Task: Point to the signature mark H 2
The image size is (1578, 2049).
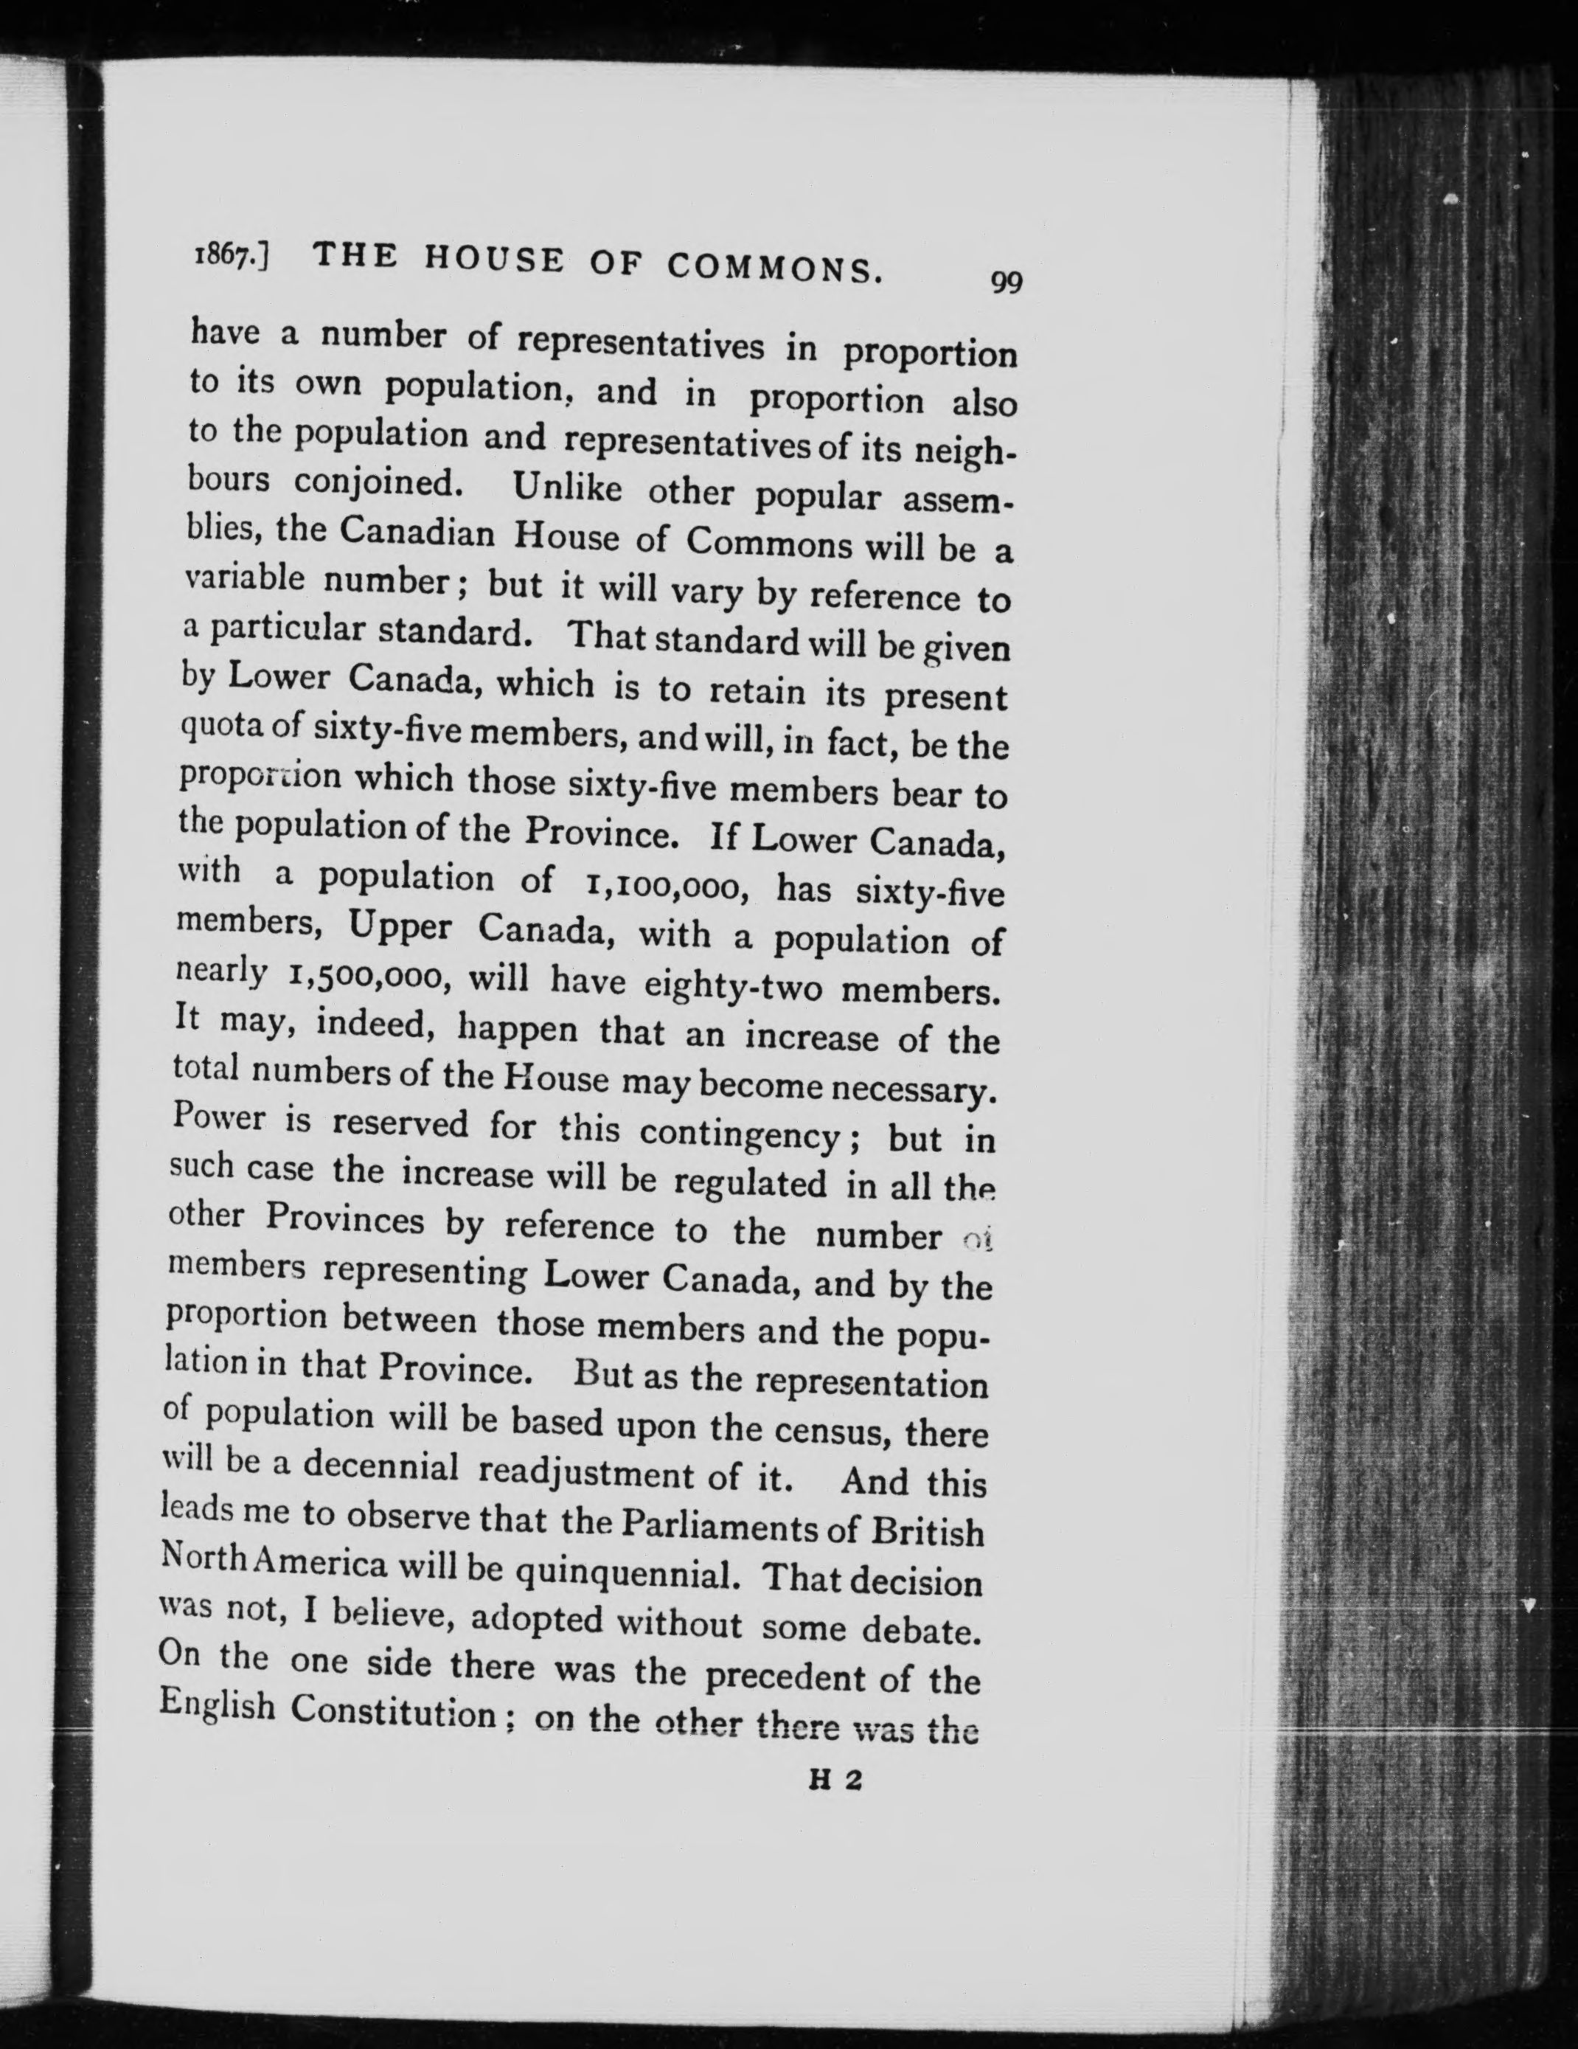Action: point(834,1781)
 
